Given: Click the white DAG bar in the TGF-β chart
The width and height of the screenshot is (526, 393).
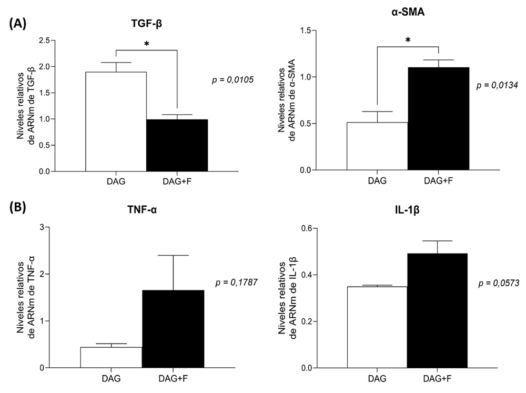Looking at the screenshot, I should (x=116, y=121).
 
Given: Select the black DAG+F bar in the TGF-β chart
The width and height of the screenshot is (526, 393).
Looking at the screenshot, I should (x=177, y=145).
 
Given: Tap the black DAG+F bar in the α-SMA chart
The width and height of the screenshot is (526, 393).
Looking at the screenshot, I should (x=438, y=118).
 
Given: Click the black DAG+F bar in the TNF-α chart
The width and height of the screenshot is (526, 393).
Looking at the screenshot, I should (x=173, y=329).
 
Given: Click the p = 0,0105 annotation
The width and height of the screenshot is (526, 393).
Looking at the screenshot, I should (x=232, y=80).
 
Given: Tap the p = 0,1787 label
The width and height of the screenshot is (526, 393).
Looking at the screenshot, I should (x=236, y=282).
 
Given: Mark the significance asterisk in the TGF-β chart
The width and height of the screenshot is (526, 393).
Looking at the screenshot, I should (x=147, y=44).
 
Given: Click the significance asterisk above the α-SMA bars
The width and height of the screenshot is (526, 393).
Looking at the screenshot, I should (x=408, y=40).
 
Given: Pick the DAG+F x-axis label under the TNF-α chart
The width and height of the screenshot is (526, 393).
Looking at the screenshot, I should (x=173, y=378).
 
